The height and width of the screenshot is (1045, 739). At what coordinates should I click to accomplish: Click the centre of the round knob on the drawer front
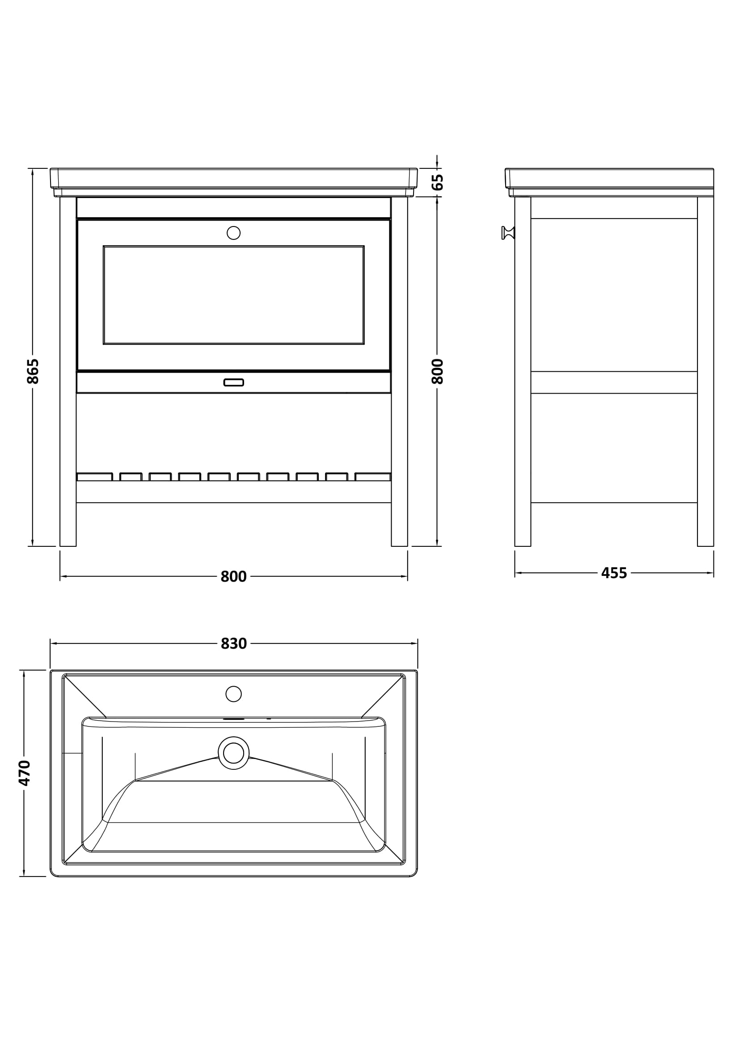click(233, 233)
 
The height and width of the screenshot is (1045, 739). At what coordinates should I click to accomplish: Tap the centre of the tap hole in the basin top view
click(233, 694)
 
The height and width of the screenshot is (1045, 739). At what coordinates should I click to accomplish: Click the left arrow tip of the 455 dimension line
click(515, 573)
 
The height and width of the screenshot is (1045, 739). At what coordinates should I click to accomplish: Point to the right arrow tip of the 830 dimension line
click(418, 643)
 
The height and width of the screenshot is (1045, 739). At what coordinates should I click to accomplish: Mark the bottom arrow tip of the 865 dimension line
click(32, 546)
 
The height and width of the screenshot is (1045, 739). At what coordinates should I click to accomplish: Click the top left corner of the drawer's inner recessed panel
click(103, 246)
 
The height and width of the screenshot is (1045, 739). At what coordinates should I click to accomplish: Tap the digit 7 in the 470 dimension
click(24, 773)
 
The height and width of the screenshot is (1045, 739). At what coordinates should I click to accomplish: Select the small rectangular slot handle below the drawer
click(233, 382)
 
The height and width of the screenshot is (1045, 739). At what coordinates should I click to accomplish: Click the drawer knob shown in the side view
click(508, 233)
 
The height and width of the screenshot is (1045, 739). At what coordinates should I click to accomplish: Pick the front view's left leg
click(68, 371)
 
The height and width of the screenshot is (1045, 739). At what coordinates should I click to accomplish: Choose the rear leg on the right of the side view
click(705, 371)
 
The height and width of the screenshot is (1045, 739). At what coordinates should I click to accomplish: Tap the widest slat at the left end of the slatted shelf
click(95, 477)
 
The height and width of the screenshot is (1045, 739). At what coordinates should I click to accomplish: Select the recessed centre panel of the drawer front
click(233, 295)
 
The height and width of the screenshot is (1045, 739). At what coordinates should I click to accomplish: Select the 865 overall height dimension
click(33, 371)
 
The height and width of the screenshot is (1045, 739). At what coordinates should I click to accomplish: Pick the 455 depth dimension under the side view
click(614, 573)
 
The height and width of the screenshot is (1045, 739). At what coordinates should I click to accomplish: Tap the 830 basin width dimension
click(233, 643)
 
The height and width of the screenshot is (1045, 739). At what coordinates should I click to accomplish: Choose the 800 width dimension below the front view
click(233, 577)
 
